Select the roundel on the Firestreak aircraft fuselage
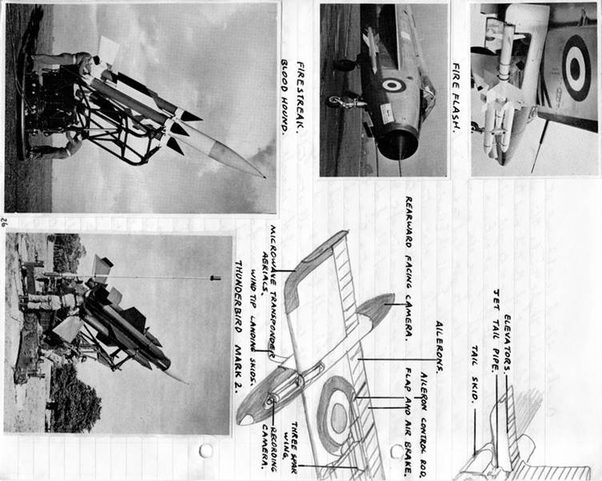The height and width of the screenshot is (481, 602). pyautogui.click(x=393, y=85)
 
